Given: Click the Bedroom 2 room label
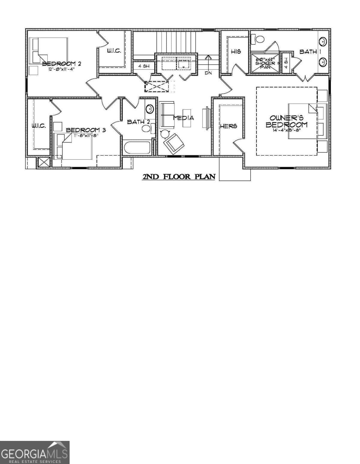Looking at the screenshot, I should point(61,64).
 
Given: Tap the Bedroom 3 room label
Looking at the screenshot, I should point(86,130).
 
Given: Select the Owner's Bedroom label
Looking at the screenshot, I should point(286,122).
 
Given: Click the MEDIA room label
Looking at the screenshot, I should point(184,118).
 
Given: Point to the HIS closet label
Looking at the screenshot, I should point(236,52).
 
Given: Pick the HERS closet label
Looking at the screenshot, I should point(229,126).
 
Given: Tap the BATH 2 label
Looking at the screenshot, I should point(138,122).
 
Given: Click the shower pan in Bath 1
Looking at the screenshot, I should point(265,63).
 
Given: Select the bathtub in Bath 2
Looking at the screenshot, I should point(137,147).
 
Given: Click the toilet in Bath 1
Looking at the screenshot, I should point(257,39).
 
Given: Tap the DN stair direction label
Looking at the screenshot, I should point(208,73).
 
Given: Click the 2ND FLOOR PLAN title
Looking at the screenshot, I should point(178,177).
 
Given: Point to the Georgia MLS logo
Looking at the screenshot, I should point(35,452).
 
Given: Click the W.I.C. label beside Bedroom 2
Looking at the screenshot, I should point(114,51).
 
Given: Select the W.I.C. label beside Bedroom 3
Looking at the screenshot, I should point(39,126).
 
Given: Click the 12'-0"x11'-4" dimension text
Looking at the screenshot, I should point(61,69).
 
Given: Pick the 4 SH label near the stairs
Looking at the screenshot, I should point(144,66).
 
